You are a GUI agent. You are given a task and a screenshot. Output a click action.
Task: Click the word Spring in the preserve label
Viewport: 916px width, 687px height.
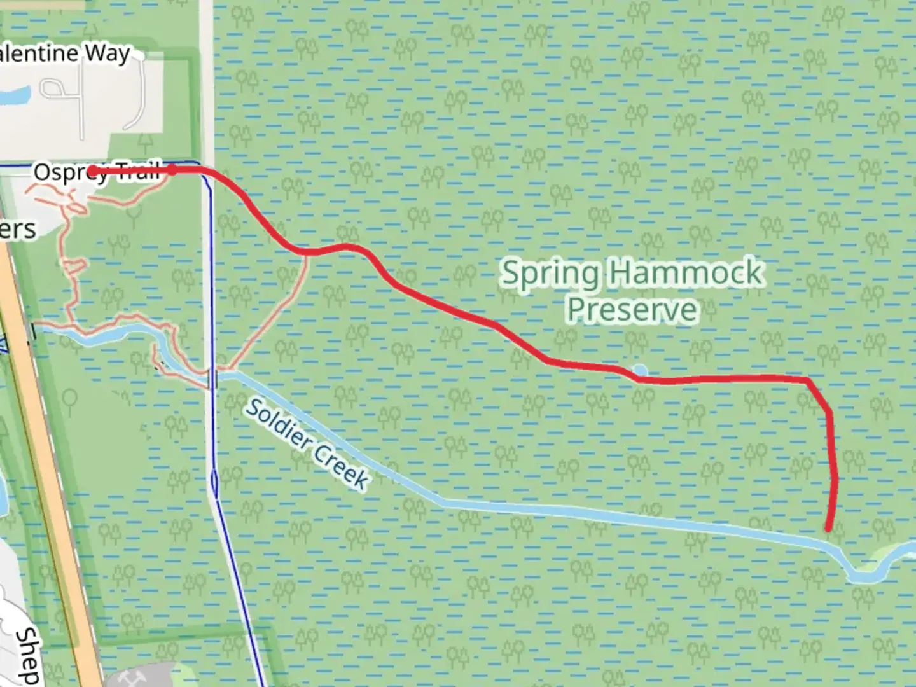pos(550,274)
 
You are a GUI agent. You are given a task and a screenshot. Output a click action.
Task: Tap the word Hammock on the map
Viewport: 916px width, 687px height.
pos(685,272)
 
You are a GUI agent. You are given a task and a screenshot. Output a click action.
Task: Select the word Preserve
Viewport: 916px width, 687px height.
pos(632,310)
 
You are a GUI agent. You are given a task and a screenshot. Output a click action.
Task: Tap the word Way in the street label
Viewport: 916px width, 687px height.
pos(108,53)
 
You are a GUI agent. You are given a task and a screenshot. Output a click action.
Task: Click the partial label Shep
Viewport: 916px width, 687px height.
pos(27,655)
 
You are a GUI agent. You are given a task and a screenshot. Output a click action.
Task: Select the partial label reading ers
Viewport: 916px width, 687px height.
pos(18,230)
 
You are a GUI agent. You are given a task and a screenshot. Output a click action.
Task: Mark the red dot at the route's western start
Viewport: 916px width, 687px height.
pos(92,170)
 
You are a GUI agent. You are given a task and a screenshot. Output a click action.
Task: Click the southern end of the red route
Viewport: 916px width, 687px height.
pos(828,528)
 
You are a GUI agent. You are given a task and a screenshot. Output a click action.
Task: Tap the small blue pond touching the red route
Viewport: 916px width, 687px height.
pos(640,371)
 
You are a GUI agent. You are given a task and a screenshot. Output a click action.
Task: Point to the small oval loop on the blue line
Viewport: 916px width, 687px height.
pos(214,483)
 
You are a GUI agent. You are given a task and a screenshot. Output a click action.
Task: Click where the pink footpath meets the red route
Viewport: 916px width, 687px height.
pos(307,253)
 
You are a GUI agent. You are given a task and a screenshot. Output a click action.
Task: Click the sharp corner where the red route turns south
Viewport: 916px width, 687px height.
pos(808,380)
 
